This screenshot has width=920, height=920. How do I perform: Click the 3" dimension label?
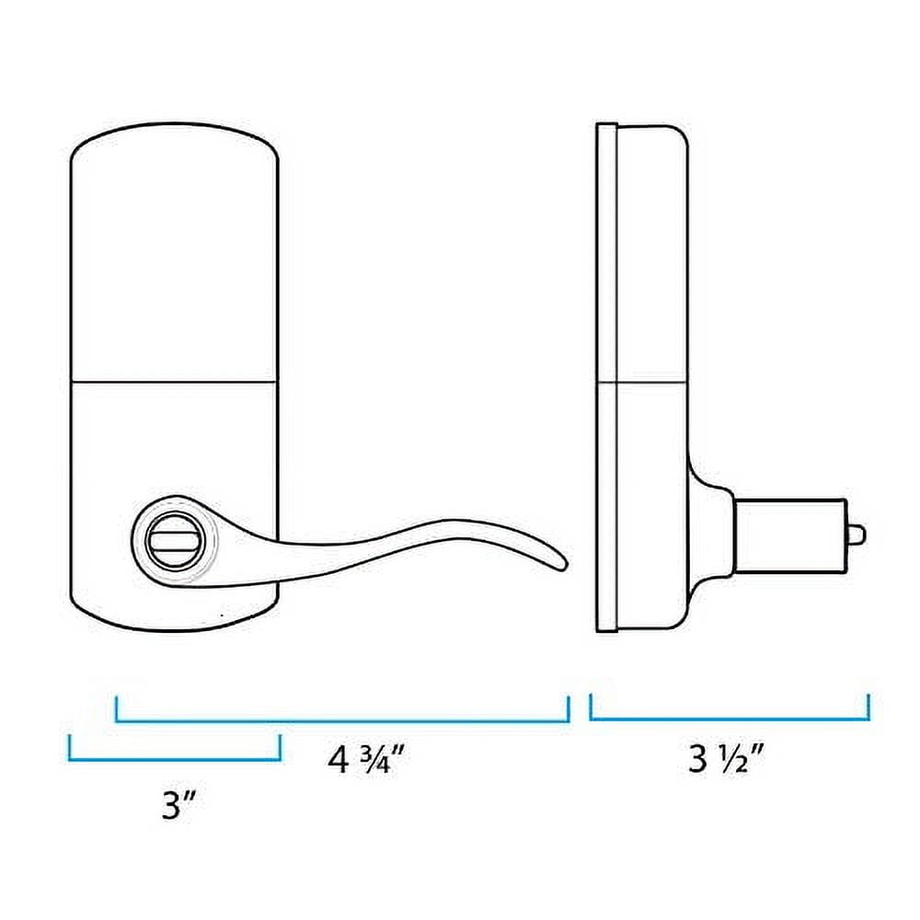click(x=175, y=806)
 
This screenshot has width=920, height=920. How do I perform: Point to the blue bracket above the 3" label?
click(x=174, y=759)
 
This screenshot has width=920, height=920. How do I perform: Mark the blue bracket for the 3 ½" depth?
click(x=729, y=719)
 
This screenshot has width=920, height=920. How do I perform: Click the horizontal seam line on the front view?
click(x=174, y=381)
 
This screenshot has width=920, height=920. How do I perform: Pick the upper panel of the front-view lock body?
click(x=174, y=258)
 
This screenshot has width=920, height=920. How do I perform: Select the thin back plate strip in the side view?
click(x=605, y=377)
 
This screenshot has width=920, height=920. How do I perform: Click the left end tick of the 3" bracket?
click(x=70, y=747)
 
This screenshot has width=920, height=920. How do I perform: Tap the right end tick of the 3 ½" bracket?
click(x=868, y=707)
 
